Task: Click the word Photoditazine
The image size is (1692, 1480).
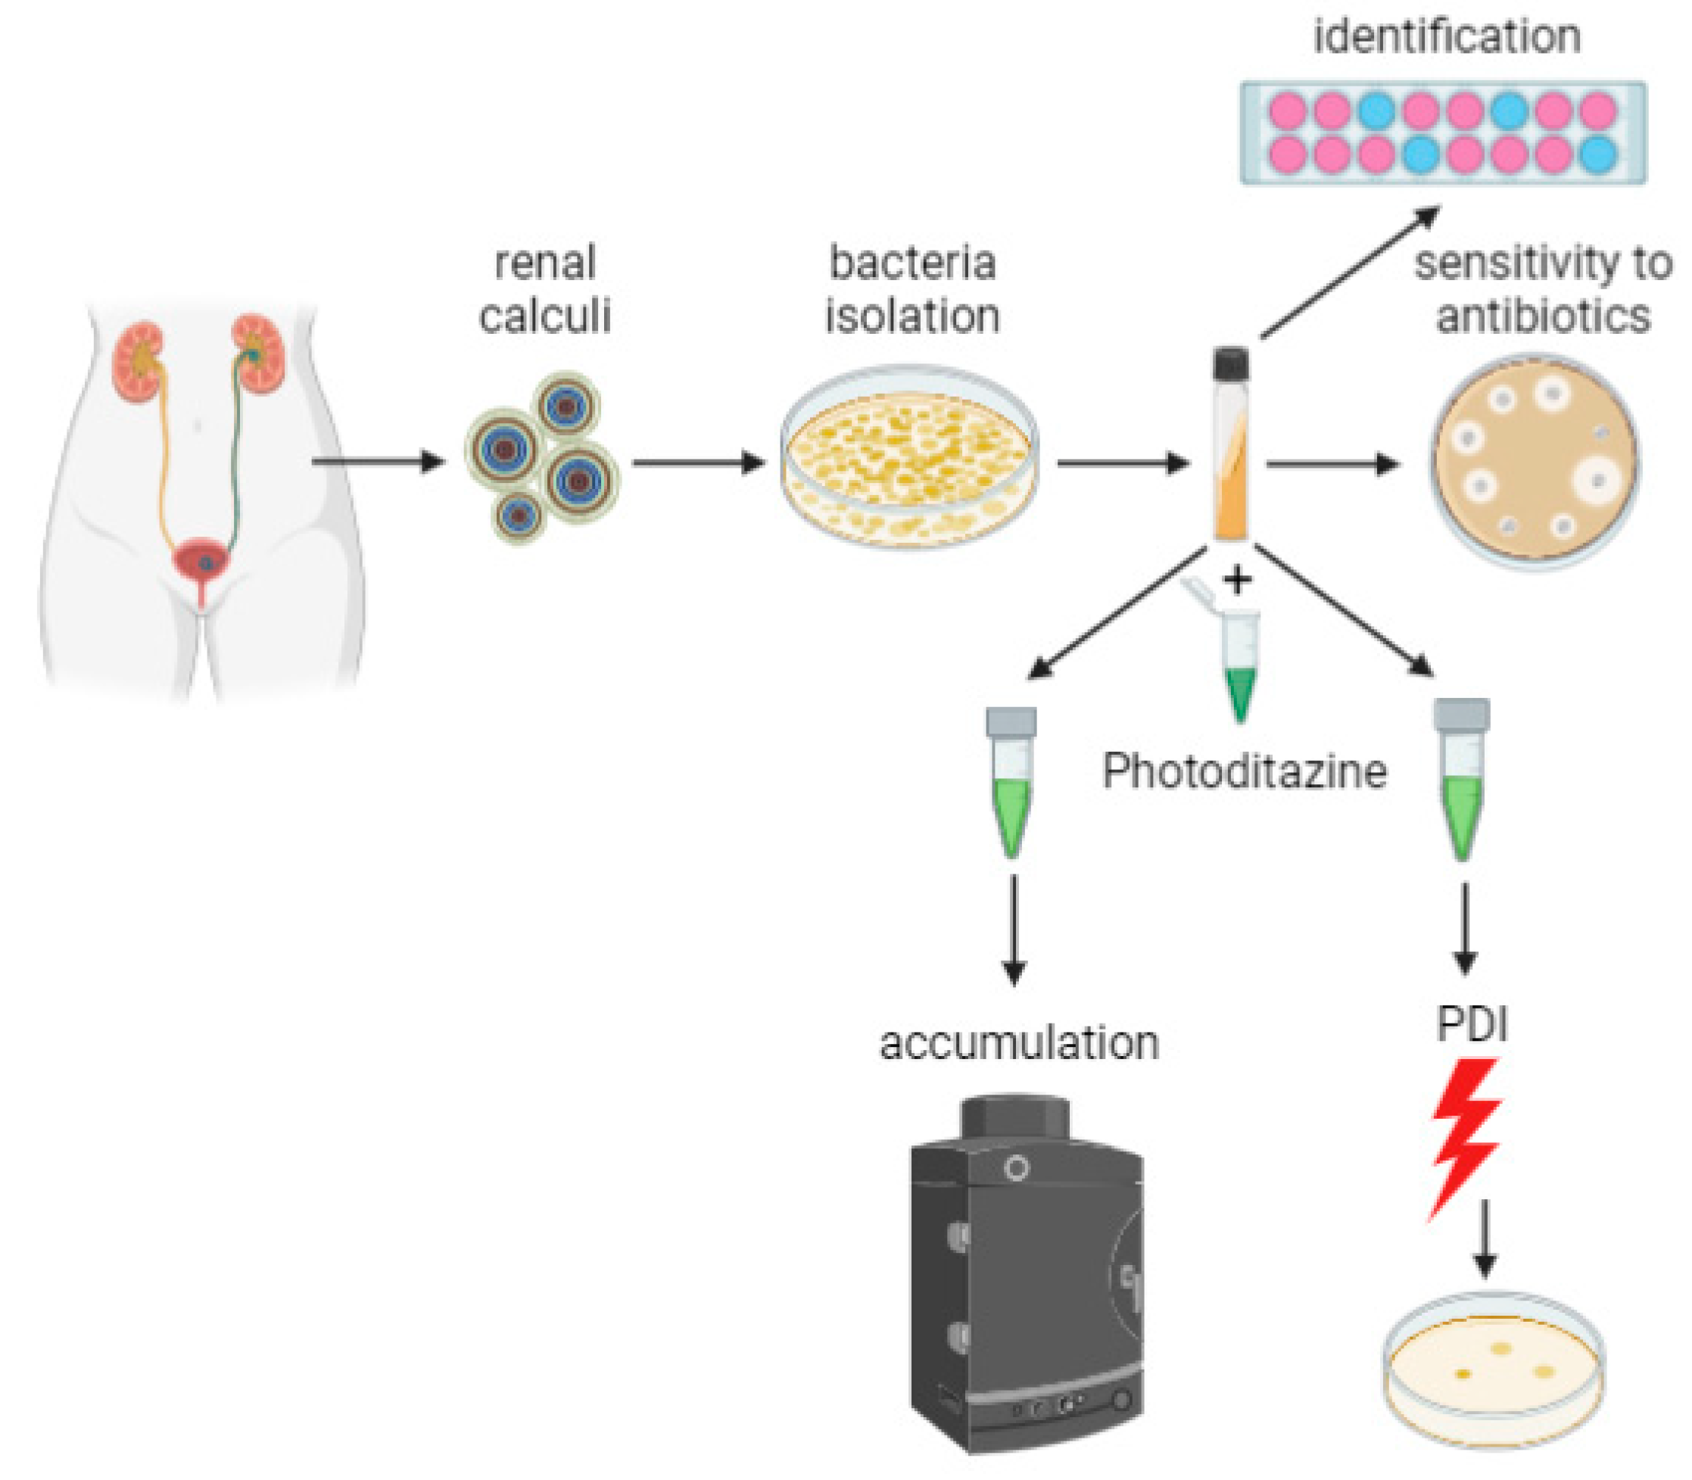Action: click(x=1244, y=772)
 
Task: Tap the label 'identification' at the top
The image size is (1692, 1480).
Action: click(x=1446, y=36)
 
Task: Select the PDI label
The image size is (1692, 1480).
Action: click(x=1472, y=1025)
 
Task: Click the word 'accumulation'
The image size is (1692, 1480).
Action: click(x=1019, y=1043)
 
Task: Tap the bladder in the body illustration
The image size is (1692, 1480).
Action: click(x=201, y=560)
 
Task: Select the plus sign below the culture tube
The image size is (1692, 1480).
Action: click(x=1237, y=581)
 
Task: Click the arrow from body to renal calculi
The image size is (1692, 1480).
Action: click(x=379, y=461)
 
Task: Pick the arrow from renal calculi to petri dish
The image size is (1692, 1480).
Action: click(x=698, y=463)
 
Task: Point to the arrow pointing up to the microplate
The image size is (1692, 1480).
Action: click(x=1350, y=273)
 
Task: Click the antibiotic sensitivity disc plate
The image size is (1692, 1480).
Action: click(x=1535, y=463)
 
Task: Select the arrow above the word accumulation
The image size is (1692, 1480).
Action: click(x=1013, y=929)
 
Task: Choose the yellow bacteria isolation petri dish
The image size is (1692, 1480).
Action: click(x=908, y=463)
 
